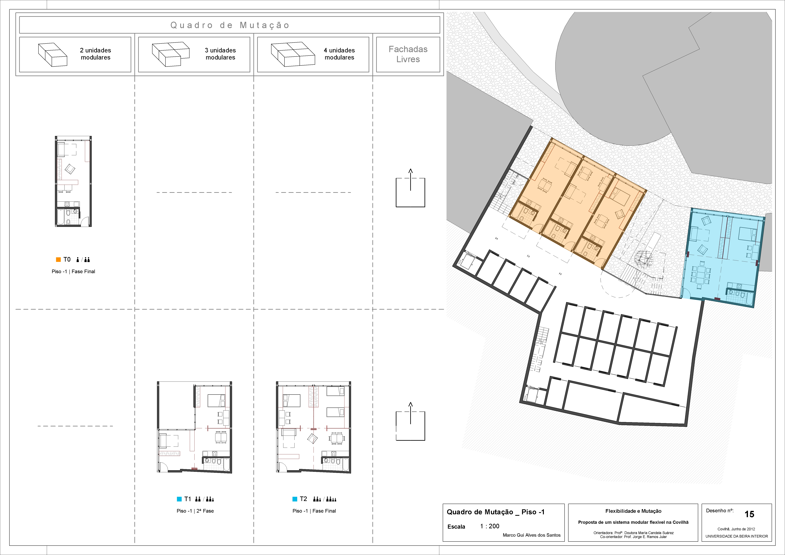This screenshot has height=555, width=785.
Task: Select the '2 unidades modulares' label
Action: click(x=95, y=54)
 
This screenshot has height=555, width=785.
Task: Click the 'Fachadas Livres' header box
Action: click(x=408, y=54)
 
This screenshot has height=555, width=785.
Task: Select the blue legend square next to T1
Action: click(x=179, y=499)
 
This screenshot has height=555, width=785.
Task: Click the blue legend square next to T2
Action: click(x=295, y=499)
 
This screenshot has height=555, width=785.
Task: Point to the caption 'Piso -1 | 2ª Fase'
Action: click(x=195, y=511)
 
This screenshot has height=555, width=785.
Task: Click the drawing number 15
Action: click(x=749, y=514)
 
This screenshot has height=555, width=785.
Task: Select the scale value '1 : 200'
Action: click(x=490, y=526)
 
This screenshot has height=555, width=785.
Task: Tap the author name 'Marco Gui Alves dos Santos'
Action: click(x=532, y=535)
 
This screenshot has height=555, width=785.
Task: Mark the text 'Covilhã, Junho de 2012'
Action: click(x=736, y=529)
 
